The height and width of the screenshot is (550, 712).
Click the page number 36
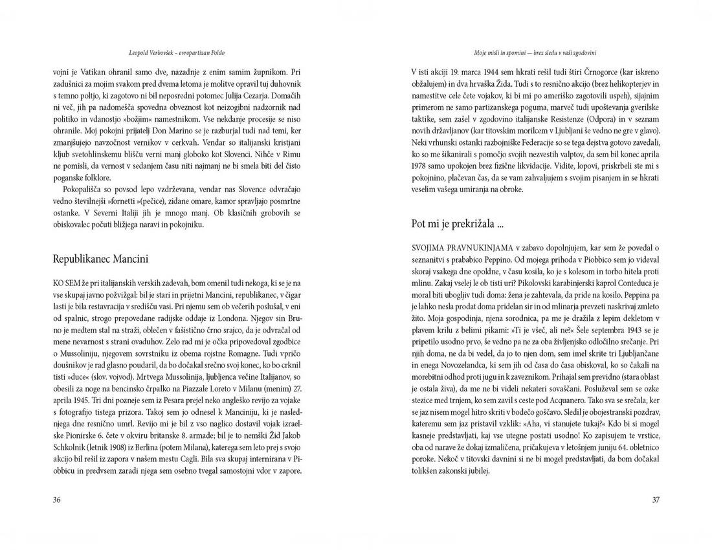pos(57,500)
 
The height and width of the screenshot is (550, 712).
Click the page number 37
pos(655,500)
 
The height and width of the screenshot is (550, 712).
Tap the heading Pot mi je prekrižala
pos(458,224)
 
